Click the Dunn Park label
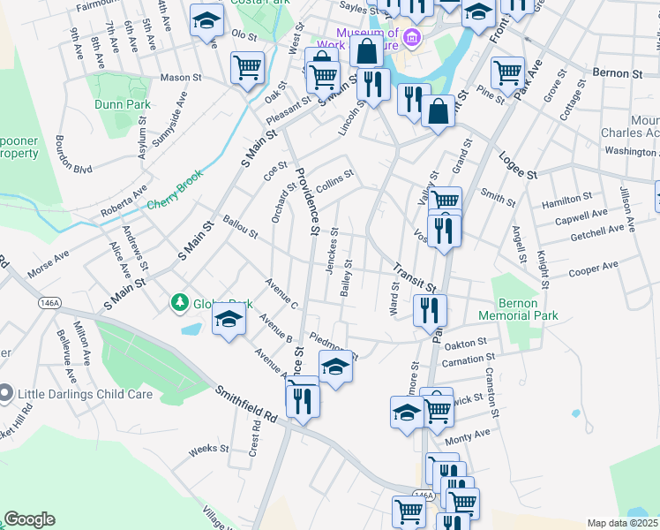(x=123, y=104)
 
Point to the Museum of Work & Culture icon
(x=411, y=38)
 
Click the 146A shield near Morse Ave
(x=49, y=301)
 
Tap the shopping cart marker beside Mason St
(x=248, y=67)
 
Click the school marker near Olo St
(x=206, y=21)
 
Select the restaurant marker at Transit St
(x=431, y=309)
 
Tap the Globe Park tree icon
(x=180, y=303)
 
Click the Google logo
(x=29, y=519)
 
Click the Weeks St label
(x=209, y=449)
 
